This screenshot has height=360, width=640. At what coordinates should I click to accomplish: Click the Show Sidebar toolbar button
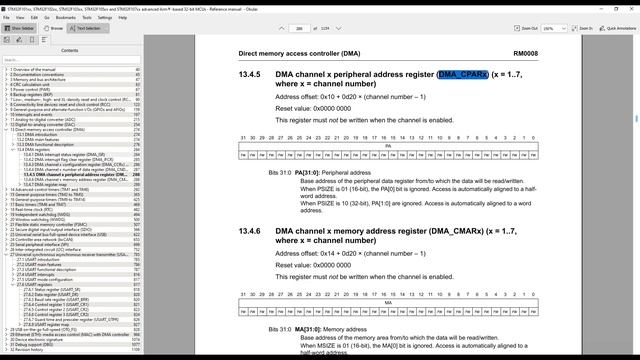pyautogui.click(x=20, y=28)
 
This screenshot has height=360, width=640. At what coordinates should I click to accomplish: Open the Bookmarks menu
pyautogui.click(x=66, y=17)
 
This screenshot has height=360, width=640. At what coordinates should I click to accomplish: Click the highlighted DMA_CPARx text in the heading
pyautogui.click(x=462, y=75)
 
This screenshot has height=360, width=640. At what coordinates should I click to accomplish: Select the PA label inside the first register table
pyautogui.click(x=388, y=146)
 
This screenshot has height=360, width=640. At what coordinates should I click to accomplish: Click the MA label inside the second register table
pyautogui.click(x=388, y=302)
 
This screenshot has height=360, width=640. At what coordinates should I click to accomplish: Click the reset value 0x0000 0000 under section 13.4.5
pyautogui.click(x=321, y=107)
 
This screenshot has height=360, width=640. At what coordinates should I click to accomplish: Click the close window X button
pyautogui.click(x=631, y=5)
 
